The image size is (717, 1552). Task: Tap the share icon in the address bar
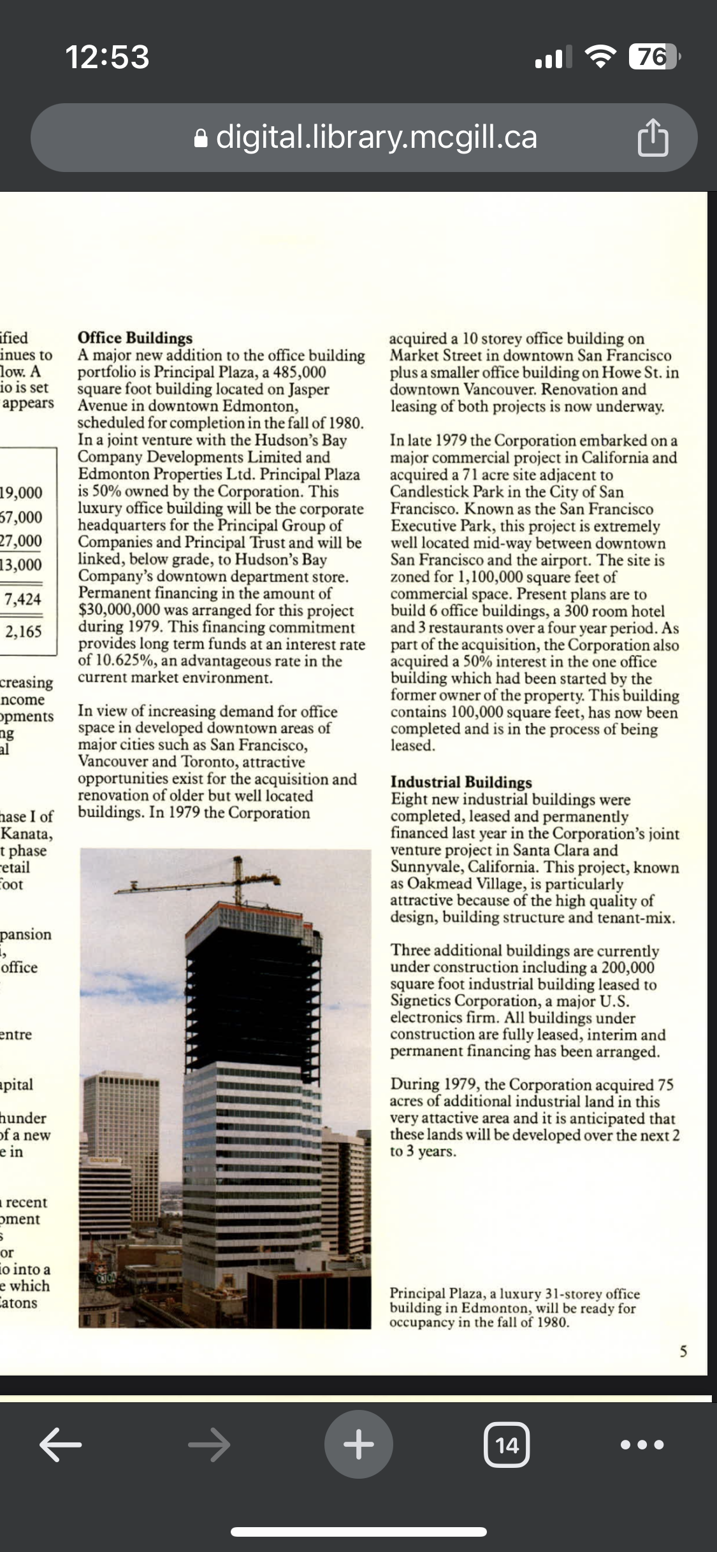point(653,138)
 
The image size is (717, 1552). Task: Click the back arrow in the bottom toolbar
point(61,1444)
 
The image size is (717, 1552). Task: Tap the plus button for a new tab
point(358,1444)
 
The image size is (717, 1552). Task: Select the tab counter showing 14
point(507,1444)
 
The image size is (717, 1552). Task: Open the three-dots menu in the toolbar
point(642,1444)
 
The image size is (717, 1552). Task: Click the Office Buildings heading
point(134,338)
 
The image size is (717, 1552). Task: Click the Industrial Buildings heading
point(461,782)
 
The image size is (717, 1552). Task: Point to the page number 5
point(683,1351)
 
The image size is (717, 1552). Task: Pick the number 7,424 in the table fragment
point(23,599)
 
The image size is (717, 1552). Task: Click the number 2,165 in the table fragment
point(24,631)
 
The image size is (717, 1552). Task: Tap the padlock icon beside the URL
point(201,138)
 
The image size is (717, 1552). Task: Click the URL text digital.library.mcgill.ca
point(376,137)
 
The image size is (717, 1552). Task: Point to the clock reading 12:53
point(107,57)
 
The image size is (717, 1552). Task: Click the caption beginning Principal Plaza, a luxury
point(514,1308)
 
